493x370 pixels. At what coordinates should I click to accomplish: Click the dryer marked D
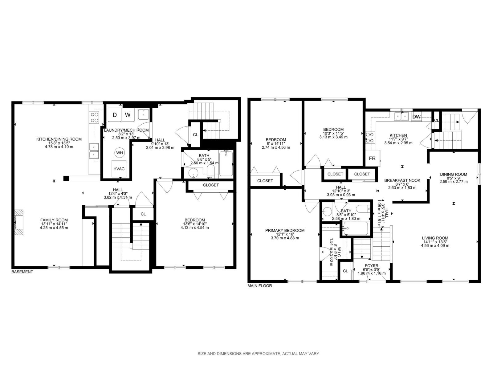pyautogui.click(x=115, y=115)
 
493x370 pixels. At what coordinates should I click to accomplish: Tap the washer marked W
pyautogui.click(x=128, y=115)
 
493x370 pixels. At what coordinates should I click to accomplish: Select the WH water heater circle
pyautogui.click(x=120, y=153)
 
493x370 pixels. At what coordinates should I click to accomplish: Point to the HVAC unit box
pyautogui.click(x=119, y=169)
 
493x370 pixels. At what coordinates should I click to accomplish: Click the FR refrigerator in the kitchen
pyautogui.click(x=372, y=158)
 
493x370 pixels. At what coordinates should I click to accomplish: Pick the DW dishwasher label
pyautogui.click(x=416, y=117)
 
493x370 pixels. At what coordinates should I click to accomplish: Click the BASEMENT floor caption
pyautogui.click(x=22, y=272)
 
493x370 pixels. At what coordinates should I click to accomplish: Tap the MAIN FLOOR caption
pyautogui.click(x=260, y=286)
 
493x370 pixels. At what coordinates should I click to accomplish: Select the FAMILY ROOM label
pyautogui.click(x=54, y=220)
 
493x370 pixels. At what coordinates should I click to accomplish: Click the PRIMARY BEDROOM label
pyautogui.click(x=285, y=231)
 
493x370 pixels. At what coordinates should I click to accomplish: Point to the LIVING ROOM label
pyautogui.click(x=435, y=238)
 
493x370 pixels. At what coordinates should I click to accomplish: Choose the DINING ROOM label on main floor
pyautogui.click(x=454, y=174)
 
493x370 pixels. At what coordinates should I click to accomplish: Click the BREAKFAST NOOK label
pyautogui.click(x=402, y=180)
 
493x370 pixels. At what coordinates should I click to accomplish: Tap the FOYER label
pyautogui.click(x=372, y=266)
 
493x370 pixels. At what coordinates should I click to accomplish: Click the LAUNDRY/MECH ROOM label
pyautogui.click(x=126, y=130)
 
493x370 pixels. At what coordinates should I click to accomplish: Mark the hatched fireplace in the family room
pyautogui.click(x=19, y=222)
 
